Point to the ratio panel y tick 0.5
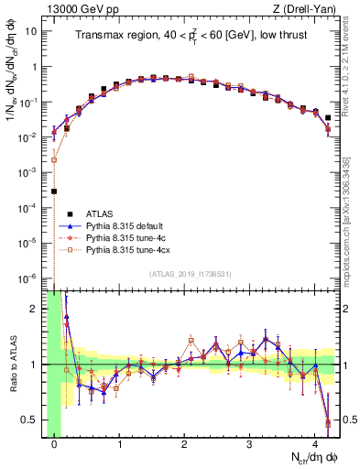[34, 420]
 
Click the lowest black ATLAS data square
[55, 191]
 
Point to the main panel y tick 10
[34, 31]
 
